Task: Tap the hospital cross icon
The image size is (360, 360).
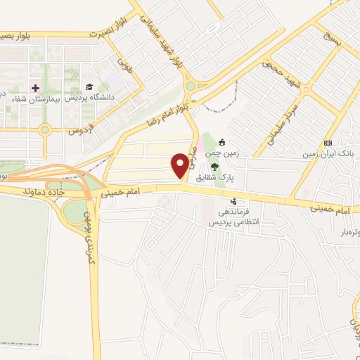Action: [x=35, y=88]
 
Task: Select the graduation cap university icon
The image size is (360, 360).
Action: [x=89, y=87]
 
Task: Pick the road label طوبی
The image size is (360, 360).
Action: [x=126, y=67]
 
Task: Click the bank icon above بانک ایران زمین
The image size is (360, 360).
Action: [x=328, y=142]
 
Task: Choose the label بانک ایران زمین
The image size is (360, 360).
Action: [x=328, y=153]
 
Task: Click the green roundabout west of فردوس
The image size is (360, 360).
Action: [x=46, y=129]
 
